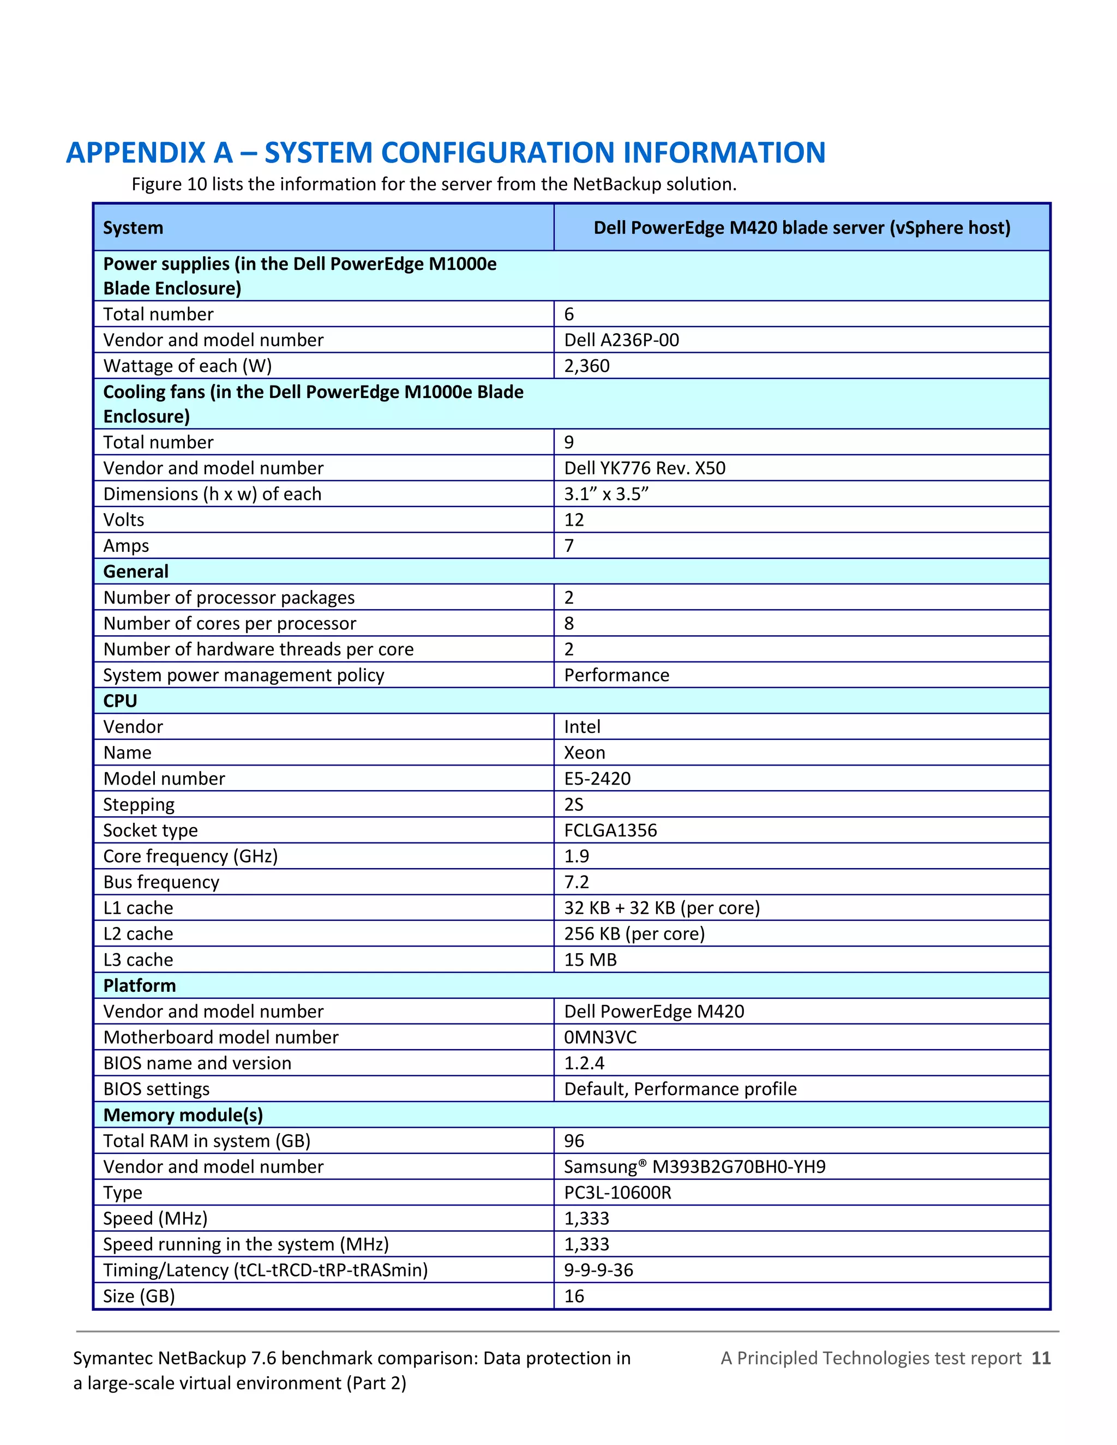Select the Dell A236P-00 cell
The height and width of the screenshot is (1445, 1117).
coord(621,340)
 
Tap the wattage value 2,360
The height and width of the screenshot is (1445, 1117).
coord(586,366)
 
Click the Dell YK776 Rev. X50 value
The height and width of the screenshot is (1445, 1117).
coord(644,468)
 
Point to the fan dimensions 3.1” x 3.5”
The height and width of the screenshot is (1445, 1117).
coord(605,494)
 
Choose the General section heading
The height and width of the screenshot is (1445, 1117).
coord(136,571)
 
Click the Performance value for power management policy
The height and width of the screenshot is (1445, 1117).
coord(616,676)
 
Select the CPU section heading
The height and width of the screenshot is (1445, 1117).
coord(120,701)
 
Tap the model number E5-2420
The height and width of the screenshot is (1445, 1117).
coord(597,779)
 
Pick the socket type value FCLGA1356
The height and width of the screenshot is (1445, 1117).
coord(610,830)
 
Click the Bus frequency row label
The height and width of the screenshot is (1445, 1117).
coord(161,882)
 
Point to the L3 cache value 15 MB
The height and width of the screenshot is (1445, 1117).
coord(590,960)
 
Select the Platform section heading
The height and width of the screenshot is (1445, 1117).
coord(139,986)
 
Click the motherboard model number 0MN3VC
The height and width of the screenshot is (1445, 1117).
coord(599,1038)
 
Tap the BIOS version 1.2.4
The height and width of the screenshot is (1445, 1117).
coord(584,1063)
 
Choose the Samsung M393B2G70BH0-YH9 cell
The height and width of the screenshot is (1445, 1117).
coord(694,1166)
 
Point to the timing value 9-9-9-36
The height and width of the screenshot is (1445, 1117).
coord(598,1271)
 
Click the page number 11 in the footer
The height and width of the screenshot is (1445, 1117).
coord(1041,1358)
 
